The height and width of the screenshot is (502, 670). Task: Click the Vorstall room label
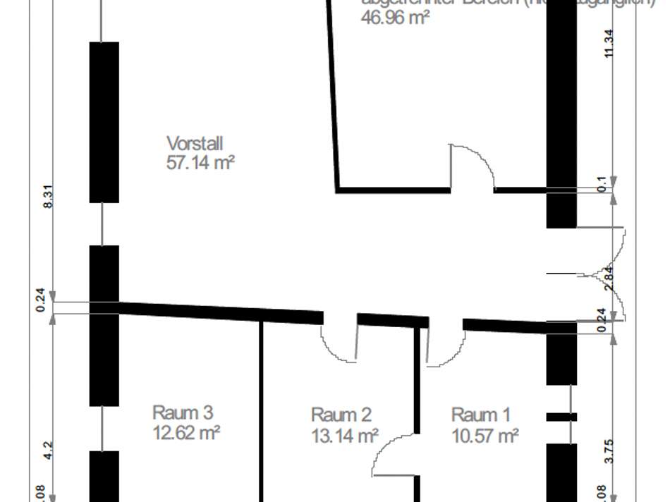point(195,144)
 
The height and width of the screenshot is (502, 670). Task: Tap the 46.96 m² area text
point(395,18)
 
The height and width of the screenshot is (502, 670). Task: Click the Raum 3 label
point(183,412)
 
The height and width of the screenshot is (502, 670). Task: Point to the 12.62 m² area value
point(186,431)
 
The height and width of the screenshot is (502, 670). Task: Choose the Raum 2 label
point(341,415)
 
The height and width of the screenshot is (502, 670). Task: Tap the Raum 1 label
point(481,415)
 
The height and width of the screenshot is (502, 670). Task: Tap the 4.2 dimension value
point(48,449)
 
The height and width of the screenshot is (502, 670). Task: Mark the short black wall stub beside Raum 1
point(561,417)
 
